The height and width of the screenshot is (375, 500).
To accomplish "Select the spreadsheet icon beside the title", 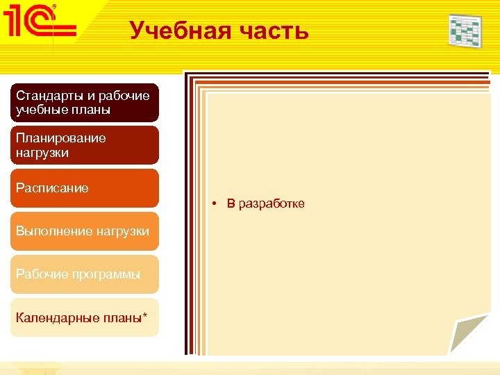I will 465,31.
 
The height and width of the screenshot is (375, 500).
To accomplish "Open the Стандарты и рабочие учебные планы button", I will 85,102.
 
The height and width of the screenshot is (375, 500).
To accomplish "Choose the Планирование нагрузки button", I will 85,145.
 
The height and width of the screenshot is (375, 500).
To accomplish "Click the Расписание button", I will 85,188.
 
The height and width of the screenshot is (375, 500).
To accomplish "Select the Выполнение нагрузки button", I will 85,231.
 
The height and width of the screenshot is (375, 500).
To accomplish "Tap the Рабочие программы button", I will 85,274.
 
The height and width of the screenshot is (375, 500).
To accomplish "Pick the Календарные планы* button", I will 85,317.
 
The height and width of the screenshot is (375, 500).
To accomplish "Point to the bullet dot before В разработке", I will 217,203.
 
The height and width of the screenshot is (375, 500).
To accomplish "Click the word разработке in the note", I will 272,203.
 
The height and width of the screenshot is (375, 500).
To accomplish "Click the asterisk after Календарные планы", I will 144,316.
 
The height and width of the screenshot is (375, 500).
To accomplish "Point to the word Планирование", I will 61,137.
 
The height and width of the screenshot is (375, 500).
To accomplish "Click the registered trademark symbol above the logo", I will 55,6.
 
